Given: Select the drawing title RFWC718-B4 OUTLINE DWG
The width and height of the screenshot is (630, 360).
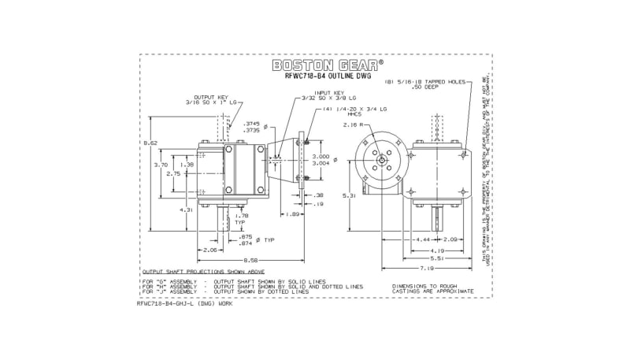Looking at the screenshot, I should (324, 77).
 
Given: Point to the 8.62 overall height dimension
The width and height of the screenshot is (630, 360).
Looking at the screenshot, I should (151, 143).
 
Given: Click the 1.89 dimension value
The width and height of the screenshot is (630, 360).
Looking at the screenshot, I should (291, 213).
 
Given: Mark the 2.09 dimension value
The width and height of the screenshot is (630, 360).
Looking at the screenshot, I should (451, 239).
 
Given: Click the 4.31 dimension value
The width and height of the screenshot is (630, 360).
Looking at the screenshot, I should (185, 210).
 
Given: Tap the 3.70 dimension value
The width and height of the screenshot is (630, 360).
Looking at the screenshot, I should (161, 165).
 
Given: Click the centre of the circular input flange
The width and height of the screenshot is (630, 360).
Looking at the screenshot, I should (381, 161).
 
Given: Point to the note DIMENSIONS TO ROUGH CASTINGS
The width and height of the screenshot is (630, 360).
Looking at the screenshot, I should (432, 287).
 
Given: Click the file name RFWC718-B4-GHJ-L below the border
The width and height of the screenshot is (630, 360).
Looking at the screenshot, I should (184, 302).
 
